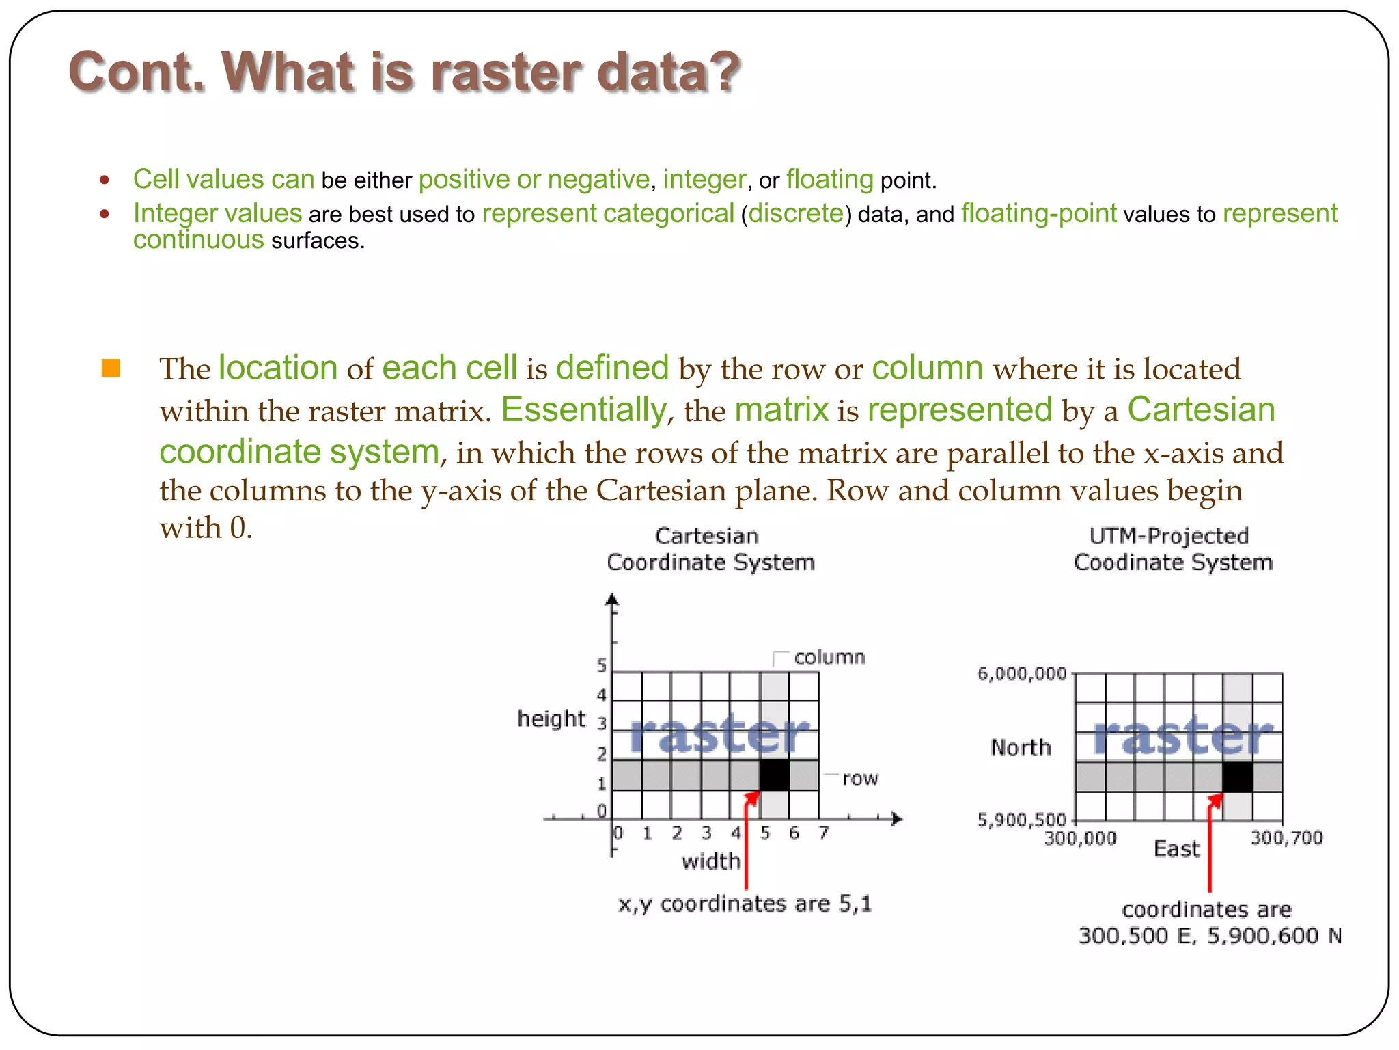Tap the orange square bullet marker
pyautogui.click(x=111, y=368)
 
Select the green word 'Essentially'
pyautogui.click(x=584, y=410)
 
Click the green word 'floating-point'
pyautogui.click(x=1038, y=214)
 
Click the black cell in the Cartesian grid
pyautogui.click(x=774, y=775)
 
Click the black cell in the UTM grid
pyautogui.click(x=1237, y=777)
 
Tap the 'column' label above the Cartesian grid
pyautogui.click(x=829, y=658)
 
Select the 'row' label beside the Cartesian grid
pyautogui.click(x=859, y=779)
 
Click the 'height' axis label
pyautogui.click(x=551, y=719)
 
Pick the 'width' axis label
pyautogui.click(x=710, y=861)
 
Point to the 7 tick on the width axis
pyautogui.click(x=823, y=833)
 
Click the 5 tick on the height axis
pyautogui.click(x=601, y=665)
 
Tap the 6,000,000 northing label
pyautogui.click(x=1021, y=674)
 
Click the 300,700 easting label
pyautogui.click(x=1286, y=838)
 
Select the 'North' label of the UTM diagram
pyautogui.click(x=1021, y=748)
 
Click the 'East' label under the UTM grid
pyautogui.click(x=1176, y=849)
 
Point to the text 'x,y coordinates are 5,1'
pyautogui.click(x=745, y=904)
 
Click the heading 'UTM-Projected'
pyautogui.click(x=1169, y=537)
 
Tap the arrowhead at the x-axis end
pyautogui.click(x=897, y=819)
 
